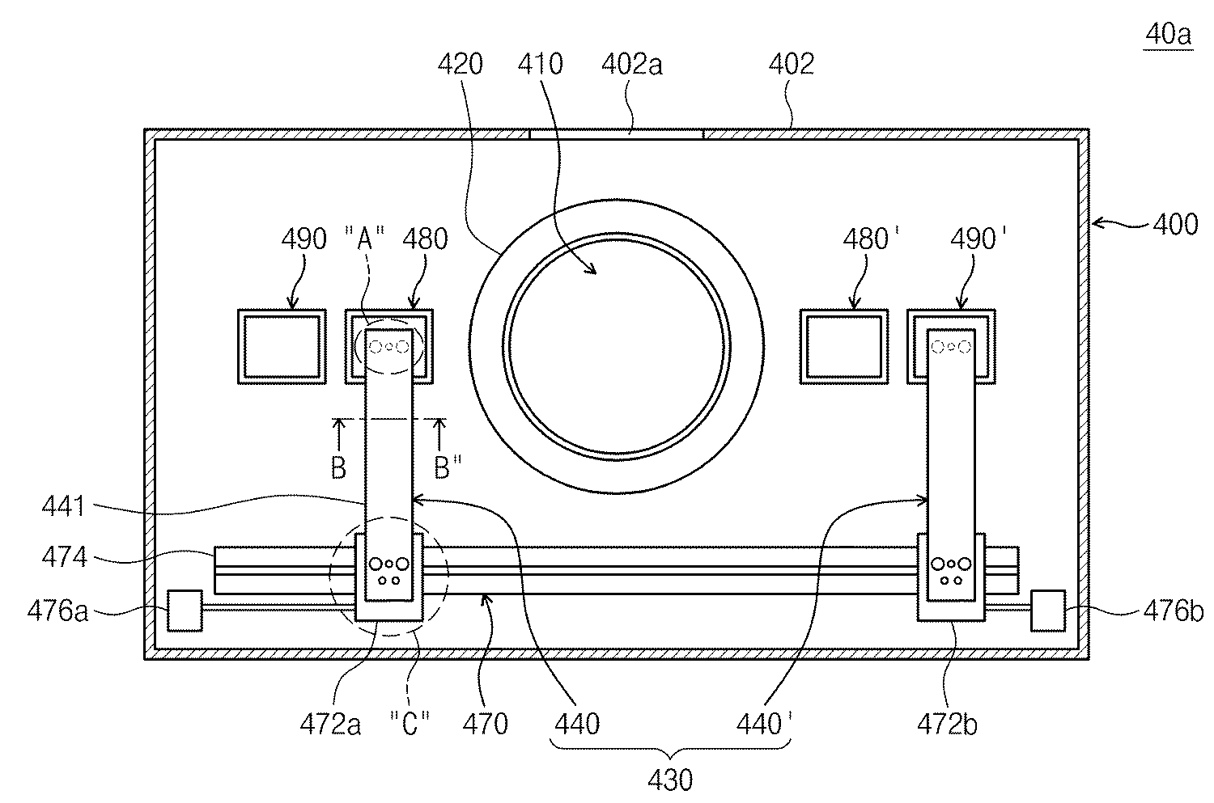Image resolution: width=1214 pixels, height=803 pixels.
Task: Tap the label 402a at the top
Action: point(632,65)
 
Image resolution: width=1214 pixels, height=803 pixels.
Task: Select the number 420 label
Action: point(460,65)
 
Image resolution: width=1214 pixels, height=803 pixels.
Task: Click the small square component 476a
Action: point(184,610)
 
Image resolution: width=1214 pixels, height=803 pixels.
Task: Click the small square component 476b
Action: point(1047,610)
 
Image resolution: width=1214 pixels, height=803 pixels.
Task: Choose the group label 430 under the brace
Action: point(670,780)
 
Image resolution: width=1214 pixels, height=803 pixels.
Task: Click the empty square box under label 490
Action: point(281,346)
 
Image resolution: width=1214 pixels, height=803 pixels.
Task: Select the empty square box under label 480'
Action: point(843,346)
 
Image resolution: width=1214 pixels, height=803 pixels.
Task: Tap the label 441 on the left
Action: point(64,509)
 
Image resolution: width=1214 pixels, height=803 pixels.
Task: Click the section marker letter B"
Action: point(443,468)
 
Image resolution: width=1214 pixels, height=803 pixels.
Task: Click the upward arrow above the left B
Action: point(340,433)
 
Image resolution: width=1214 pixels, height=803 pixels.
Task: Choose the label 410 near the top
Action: point(539,65)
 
